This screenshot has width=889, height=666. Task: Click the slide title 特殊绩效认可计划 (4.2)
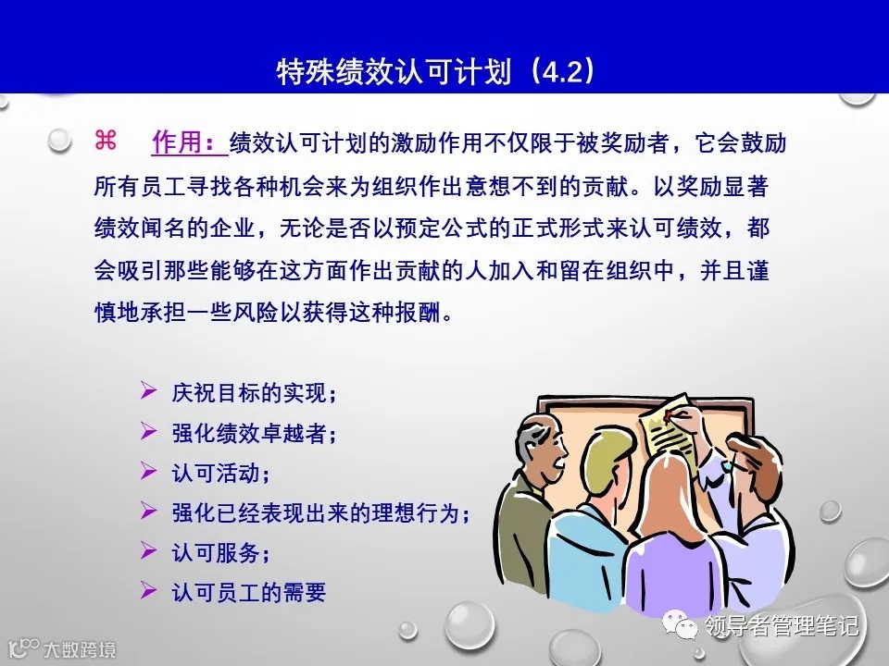(x=435, y=72)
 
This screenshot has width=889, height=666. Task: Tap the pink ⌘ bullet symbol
(x=105, y=141)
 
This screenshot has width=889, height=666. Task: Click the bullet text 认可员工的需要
(x=248, y=592)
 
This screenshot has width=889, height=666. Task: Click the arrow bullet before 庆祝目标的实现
(x=147, y=392)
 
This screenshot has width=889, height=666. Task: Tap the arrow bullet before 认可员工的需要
(x=147, y=591)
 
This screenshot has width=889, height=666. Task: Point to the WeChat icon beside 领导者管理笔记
(x=686, y=626)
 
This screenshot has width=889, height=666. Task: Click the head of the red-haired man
(x=759, y=462)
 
